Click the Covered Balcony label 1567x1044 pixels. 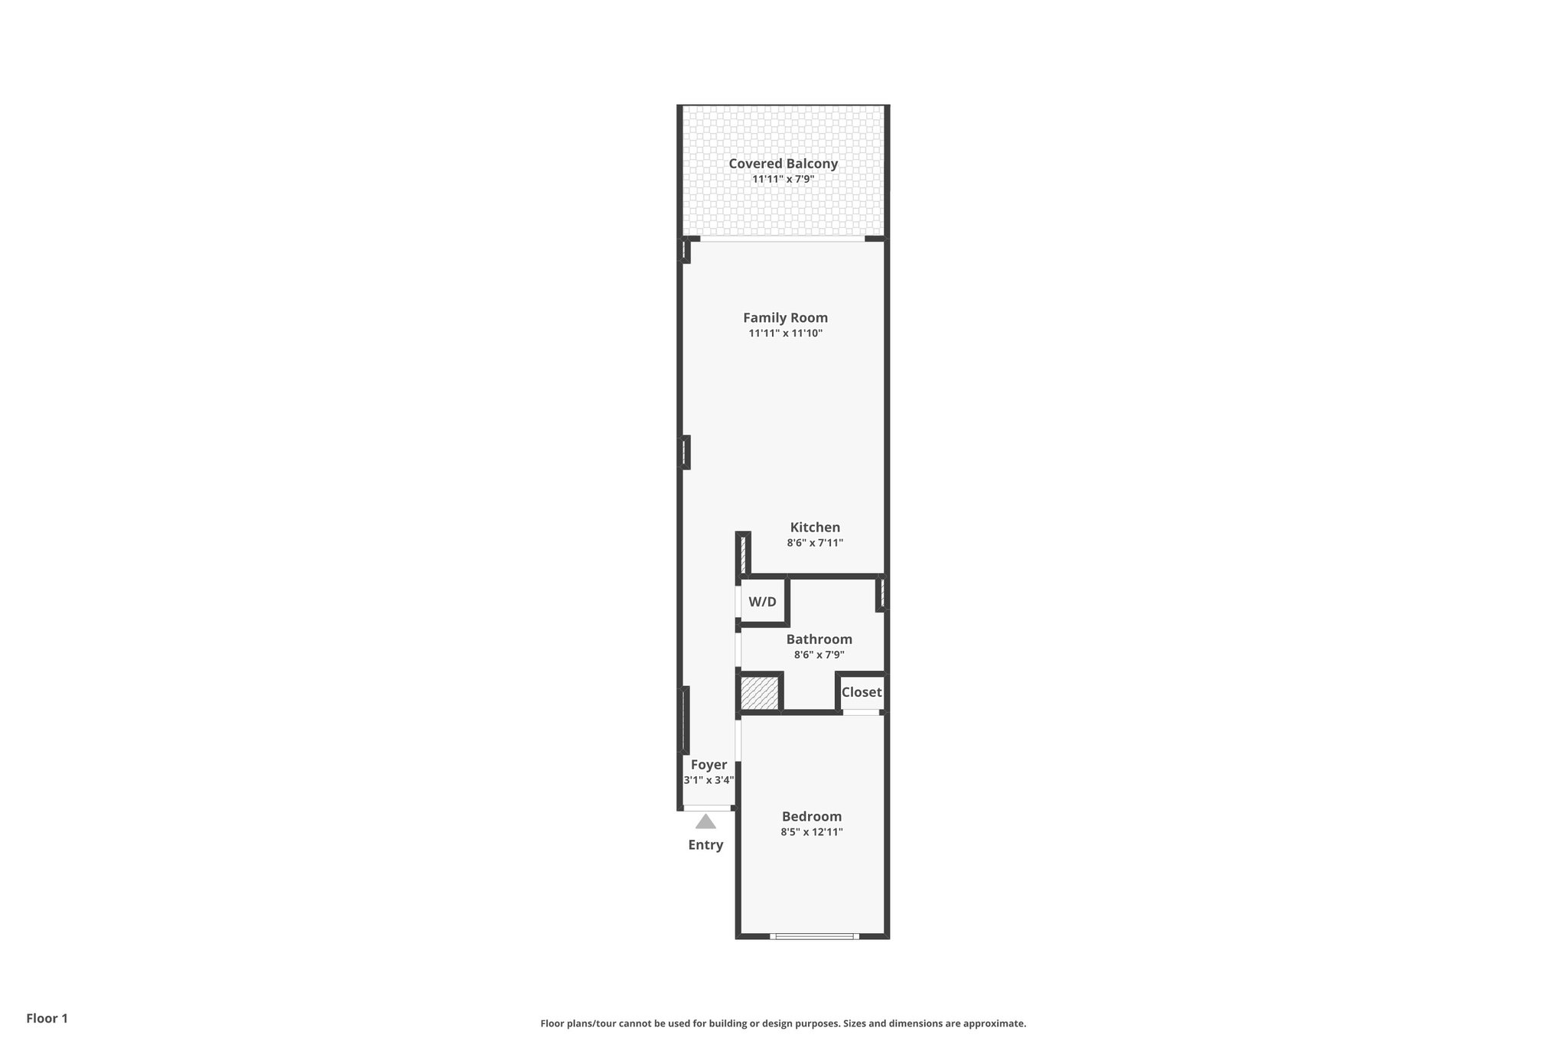783,164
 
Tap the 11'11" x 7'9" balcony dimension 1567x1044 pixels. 783,180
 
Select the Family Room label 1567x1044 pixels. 785,317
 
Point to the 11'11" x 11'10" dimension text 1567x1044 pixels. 785,333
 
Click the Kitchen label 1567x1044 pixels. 815,527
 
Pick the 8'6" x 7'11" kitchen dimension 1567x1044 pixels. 815,543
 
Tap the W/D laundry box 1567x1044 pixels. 762,602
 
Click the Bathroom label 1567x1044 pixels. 819,639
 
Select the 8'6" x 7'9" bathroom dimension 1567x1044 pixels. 819,655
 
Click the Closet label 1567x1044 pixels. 862,692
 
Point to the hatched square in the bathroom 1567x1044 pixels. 759,693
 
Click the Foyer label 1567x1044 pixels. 709,765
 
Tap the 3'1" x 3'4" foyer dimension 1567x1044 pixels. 709,781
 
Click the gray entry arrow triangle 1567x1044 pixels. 705,822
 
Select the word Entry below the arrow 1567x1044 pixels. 705,845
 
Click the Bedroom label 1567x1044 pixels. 811,816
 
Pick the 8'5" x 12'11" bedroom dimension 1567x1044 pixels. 811,832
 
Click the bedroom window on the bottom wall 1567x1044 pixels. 813,936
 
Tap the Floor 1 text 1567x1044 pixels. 47,1018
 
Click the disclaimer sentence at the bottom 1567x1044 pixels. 783,1023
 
